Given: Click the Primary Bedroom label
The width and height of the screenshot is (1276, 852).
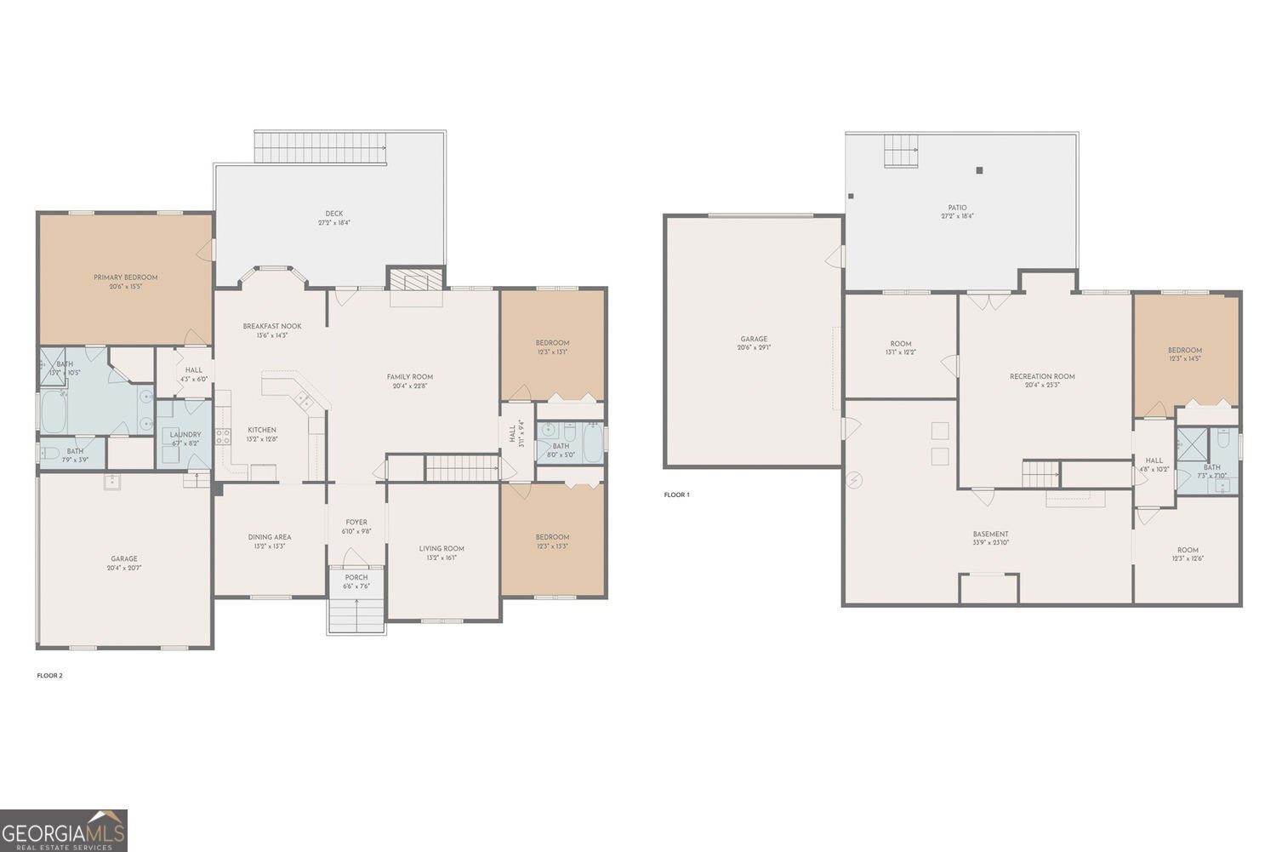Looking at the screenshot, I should [125, 277].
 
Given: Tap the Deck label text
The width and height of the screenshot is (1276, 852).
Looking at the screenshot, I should [333, 214].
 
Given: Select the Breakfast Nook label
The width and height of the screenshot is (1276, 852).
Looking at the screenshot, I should [271, 326].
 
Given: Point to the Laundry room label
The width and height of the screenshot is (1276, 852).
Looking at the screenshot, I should [185, 435].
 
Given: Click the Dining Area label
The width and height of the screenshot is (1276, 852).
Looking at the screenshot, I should [270, 537].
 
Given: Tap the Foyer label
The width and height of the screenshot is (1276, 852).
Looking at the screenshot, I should [356, 523].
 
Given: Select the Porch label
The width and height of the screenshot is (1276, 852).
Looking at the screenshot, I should [356, 577].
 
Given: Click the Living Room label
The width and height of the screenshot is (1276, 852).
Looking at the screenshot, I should [441, 549].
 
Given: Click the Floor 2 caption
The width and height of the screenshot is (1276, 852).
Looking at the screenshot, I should [49, 676].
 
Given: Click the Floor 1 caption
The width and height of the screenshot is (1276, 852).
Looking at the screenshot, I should [676, 495].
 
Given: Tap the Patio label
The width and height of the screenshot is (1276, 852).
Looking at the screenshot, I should [957, 208].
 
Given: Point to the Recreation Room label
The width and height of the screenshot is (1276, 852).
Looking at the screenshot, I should [1042, 376].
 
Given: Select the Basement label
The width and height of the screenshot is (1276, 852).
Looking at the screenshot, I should [990, 535].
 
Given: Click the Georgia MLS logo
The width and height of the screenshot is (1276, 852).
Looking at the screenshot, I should [64, 830].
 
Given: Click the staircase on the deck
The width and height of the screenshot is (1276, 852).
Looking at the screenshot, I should [322, 148].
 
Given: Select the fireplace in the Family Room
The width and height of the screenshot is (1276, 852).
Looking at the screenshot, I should [416, 282].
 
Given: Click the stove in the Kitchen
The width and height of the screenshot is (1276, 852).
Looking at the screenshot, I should [223, 437].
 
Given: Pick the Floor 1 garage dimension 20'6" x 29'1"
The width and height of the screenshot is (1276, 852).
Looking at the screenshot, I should [754, 348].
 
